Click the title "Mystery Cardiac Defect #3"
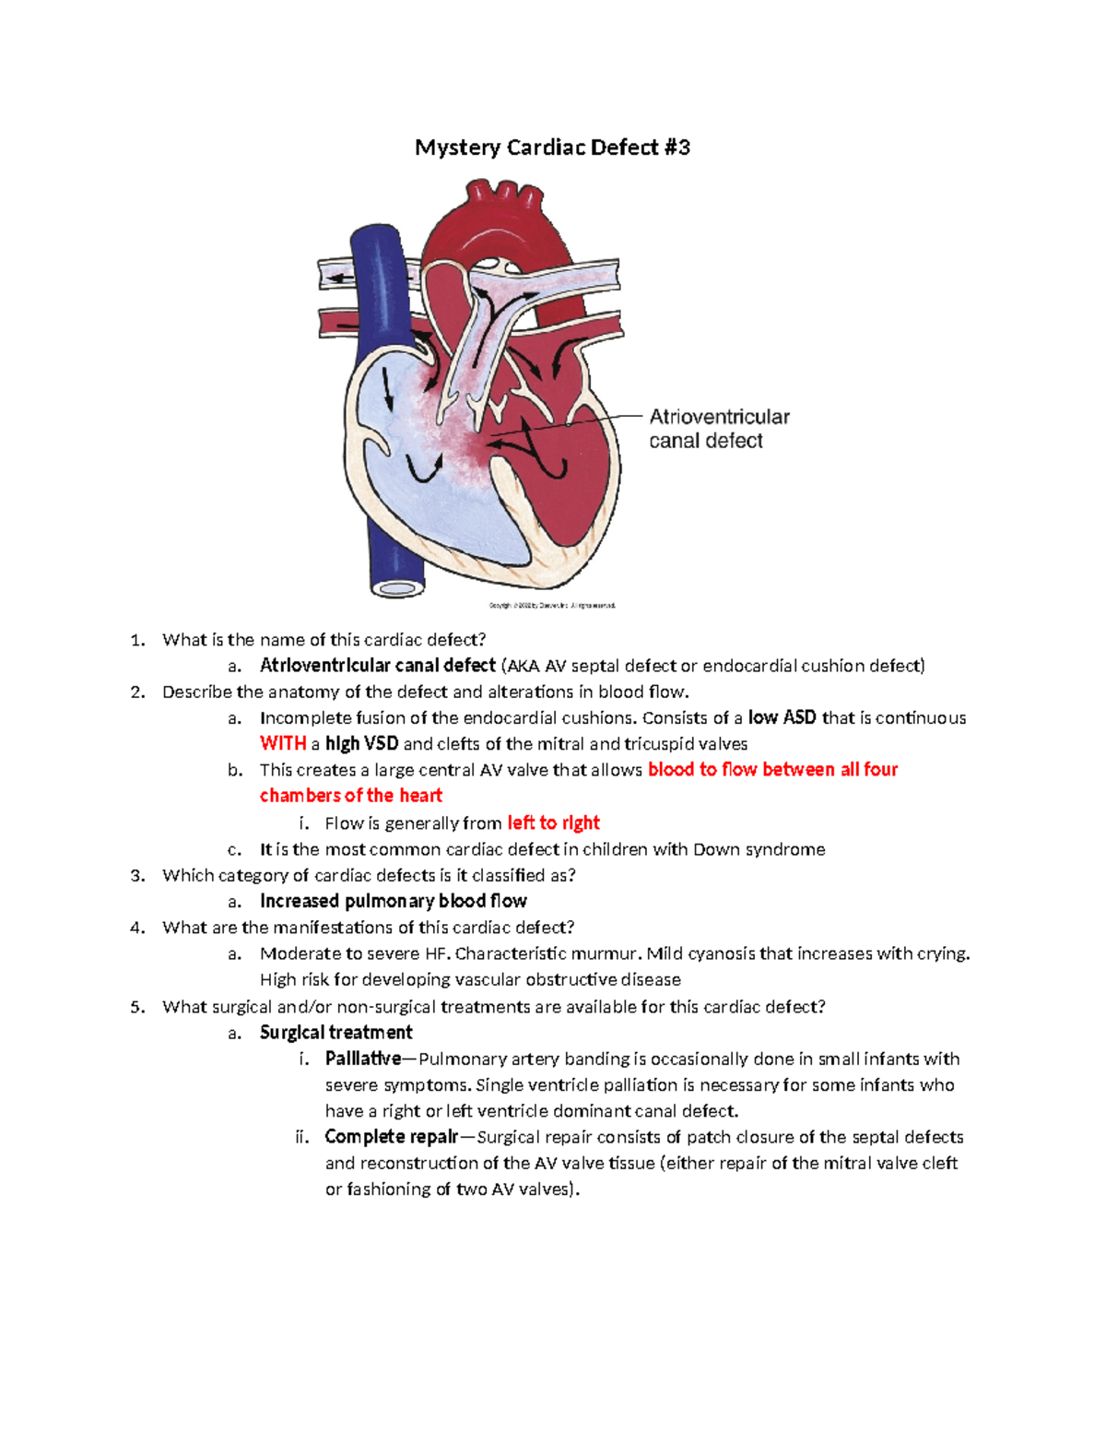pyautogui.click(x=552, y=148)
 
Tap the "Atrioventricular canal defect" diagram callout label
pyautogui.click(x=719, y=429)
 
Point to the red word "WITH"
pyautogui.click(x=283, y=744)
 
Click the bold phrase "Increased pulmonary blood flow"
pyautogui.click(x=394, y=901)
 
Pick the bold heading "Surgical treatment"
pyautogui.click(x=335, y=1033)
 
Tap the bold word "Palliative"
pyautogui.click(x=363, y=1059)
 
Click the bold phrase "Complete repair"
pyautogui.click(x=392, y=1137)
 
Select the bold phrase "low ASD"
pyautogui.click(x=782, y=717)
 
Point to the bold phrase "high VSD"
pyautogui.click(x=361, y=744)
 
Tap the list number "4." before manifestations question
pyautogui.click(x=138, y=928)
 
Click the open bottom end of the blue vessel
pyautogui.click(x=398, y=588)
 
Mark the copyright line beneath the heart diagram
pyautogui.click(x=551, y=606)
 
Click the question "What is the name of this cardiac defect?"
pyautogui.click(x=324, y=640)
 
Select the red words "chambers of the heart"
pyautogui.click(x=351, y=796)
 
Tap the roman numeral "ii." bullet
pyautogui.click(x=301, y=1137)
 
